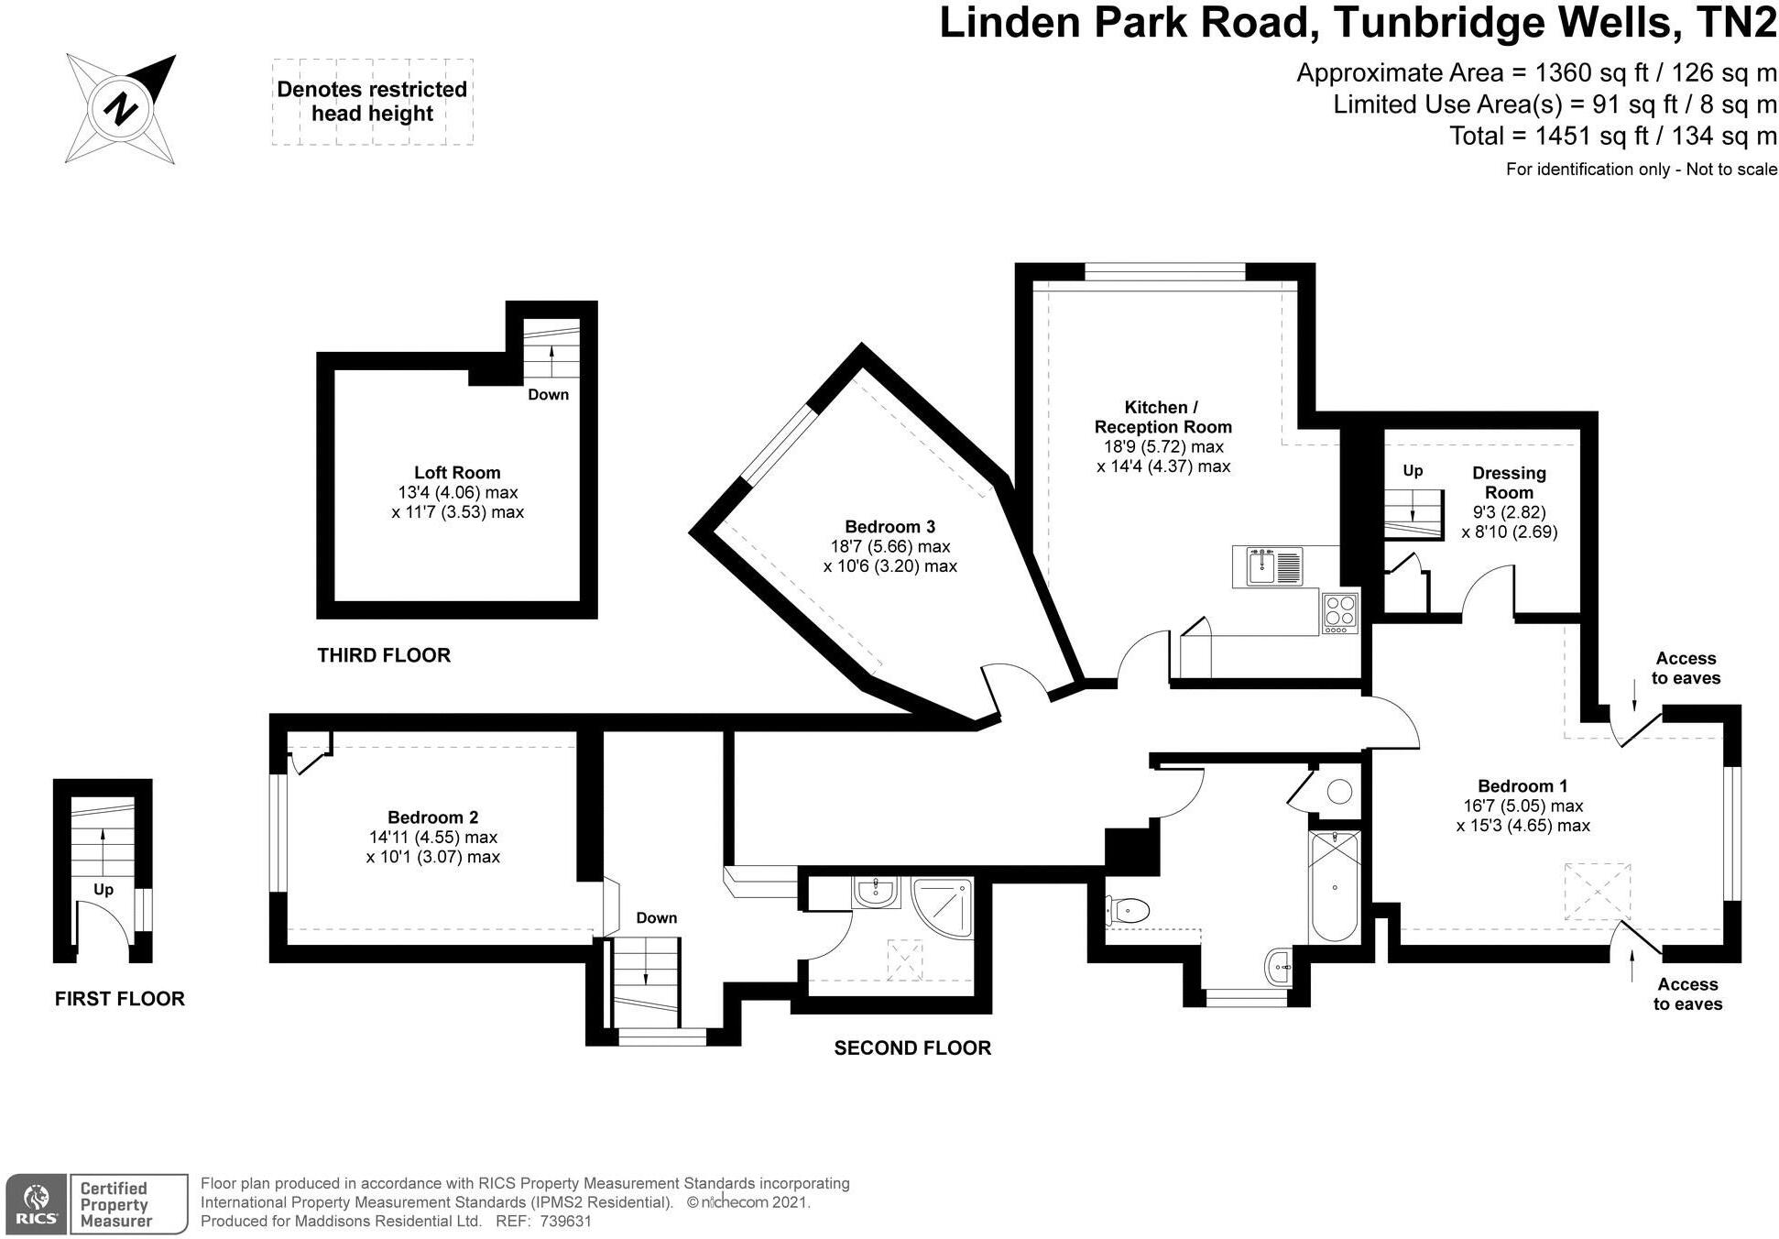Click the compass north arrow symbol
click(121, 109)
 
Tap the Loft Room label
click(457, 473)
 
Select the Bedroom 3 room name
click(889, 527)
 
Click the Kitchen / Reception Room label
click(1162, 417)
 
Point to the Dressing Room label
click(1509, 482)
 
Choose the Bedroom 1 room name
click(1523, 786)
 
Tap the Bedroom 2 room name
click(432, 817)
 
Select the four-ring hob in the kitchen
click(1339, 611)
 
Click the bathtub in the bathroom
click(1334, 886)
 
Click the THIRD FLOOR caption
click(384, 655)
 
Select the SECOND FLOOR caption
click(912, 1047)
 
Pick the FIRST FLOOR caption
click(120, 999)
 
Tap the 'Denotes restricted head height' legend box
click(372, 102)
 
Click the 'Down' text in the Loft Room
click(548, 395)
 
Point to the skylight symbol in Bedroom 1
click(1597, 891)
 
